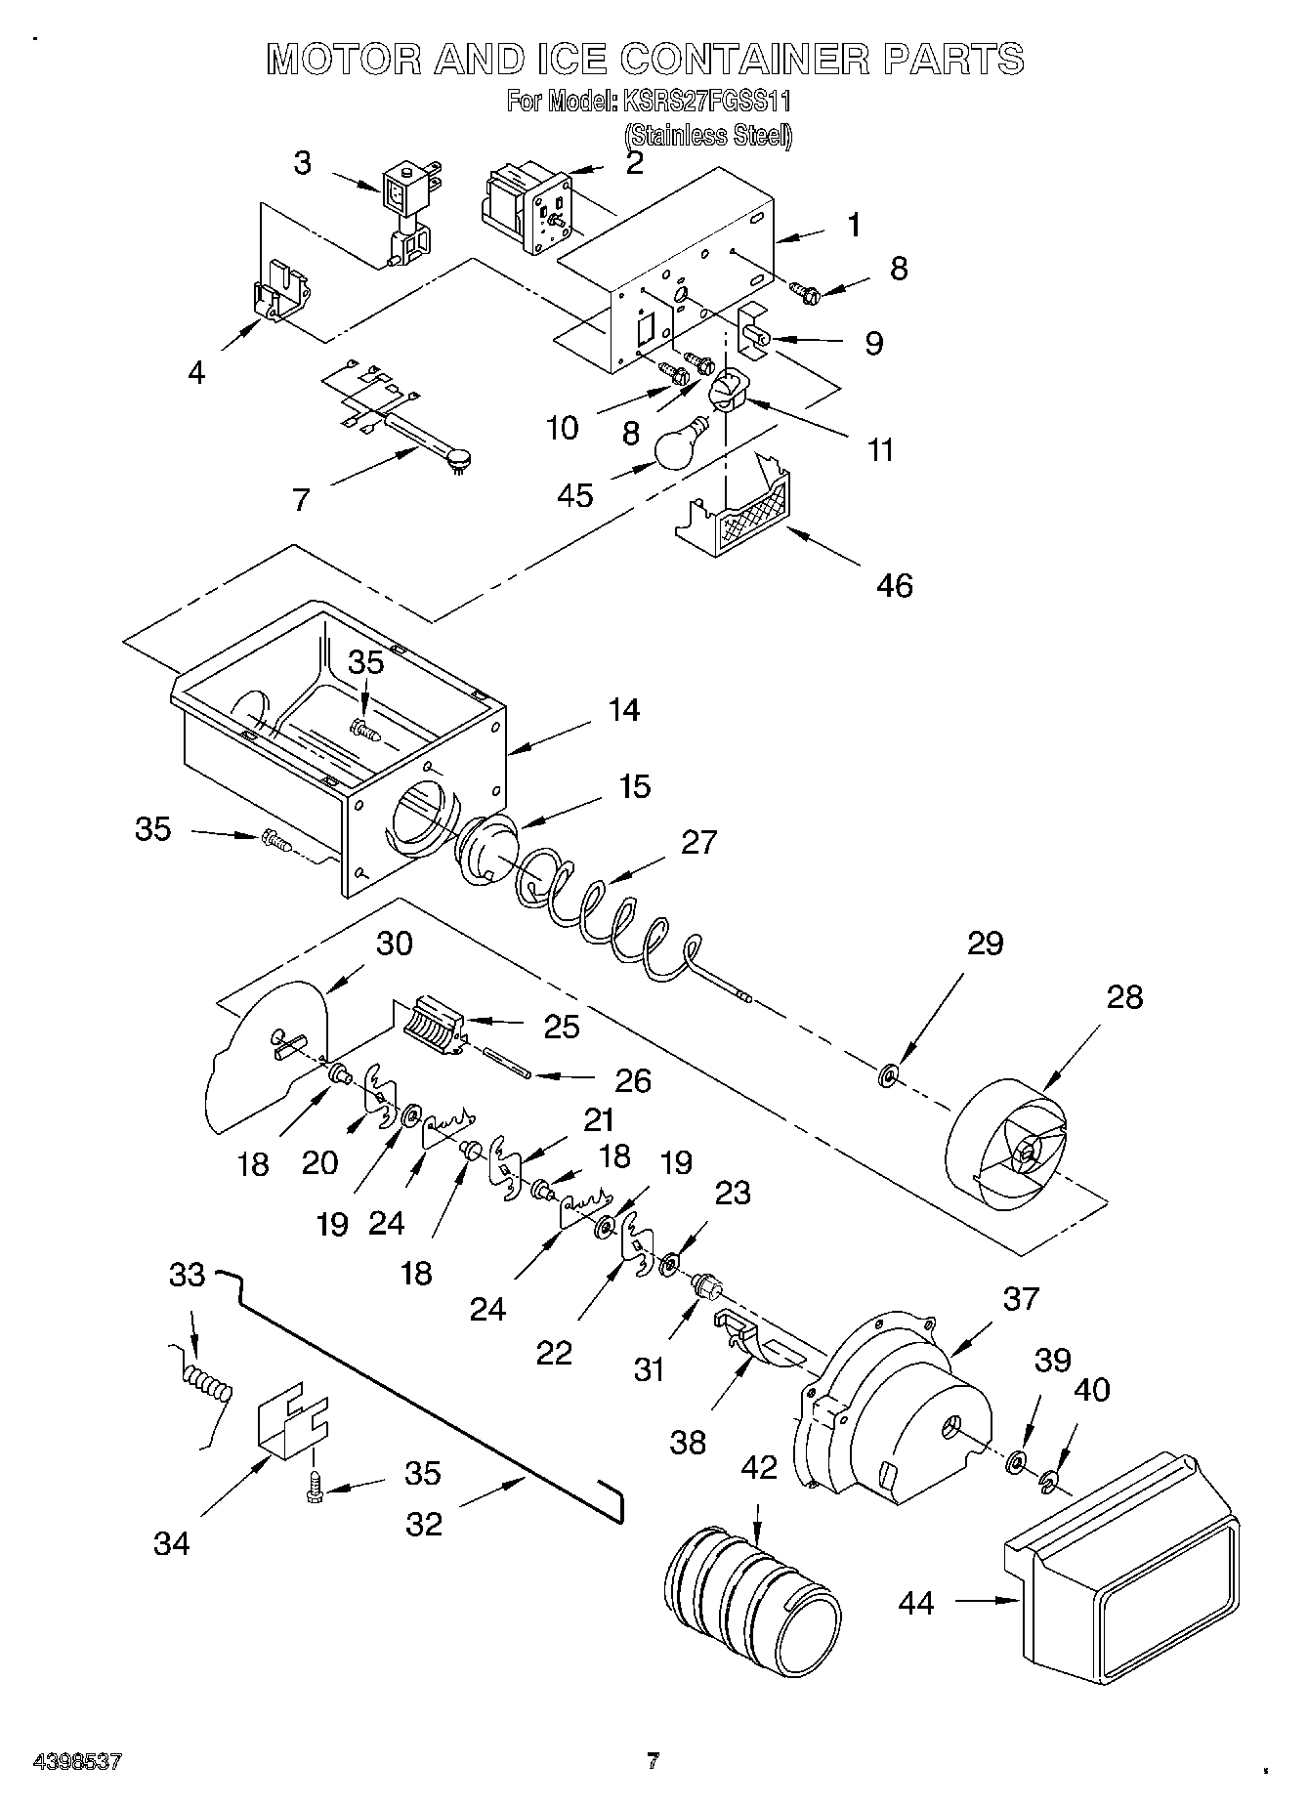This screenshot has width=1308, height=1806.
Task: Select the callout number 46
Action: pos(895,586)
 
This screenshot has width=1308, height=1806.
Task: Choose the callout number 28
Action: pos(1124,997)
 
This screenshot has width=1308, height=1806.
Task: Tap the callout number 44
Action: pos(915,1603)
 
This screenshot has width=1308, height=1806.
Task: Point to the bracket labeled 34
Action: pos(290,1431)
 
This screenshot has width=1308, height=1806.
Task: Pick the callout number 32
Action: pos(424,1524)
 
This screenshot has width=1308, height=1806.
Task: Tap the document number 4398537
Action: pos(77,1763)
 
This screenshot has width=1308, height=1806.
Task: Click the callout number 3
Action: pos(303,162)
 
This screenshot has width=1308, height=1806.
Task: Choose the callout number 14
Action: pos(623,710)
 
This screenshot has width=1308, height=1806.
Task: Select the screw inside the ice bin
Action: pos(363,728)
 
